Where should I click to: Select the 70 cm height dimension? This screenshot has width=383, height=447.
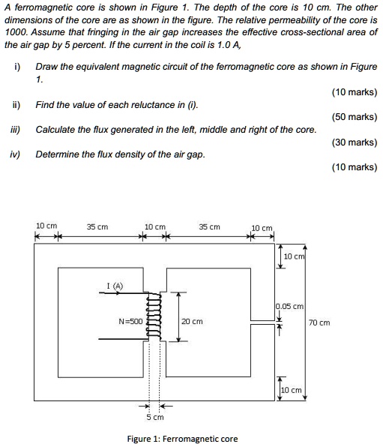[318, 322]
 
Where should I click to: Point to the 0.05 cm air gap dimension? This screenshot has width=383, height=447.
[289, 306]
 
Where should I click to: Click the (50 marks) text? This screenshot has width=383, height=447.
[354, 117]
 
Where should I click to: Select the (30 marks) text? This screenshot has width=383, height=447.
[354, 142]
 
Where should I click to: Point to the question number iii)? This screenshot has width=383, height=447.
[16, 129]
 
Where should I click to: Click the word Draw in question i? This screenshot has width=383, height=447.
[46, 67]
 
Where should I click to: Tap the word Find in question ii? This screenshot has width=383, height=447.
[46, 104]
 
